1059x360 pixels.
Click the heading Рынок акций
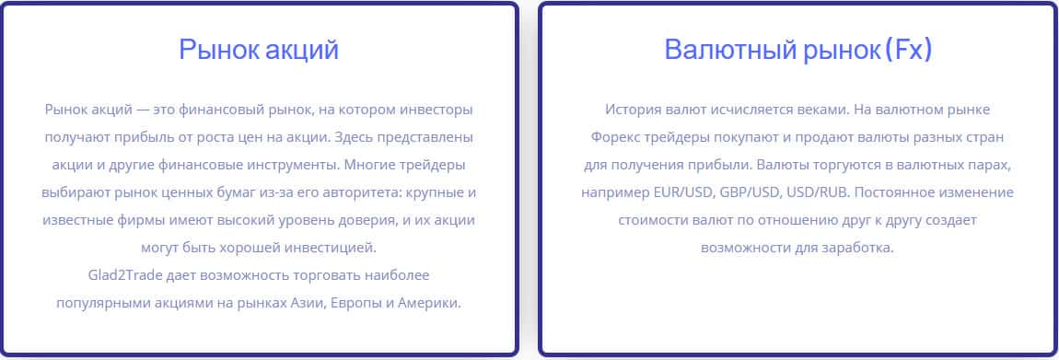tap(259, 50)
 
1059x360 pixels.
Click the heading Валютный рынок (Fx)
tap(798, 50)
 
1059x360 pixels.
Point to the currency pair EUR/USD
tap(683, 192)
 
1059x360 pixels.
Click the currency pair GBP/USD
tap(751, 192)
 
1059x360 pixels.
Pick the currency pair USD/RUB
tap(817, 192)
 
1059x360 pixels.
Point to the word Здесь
tap(355, 137)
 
